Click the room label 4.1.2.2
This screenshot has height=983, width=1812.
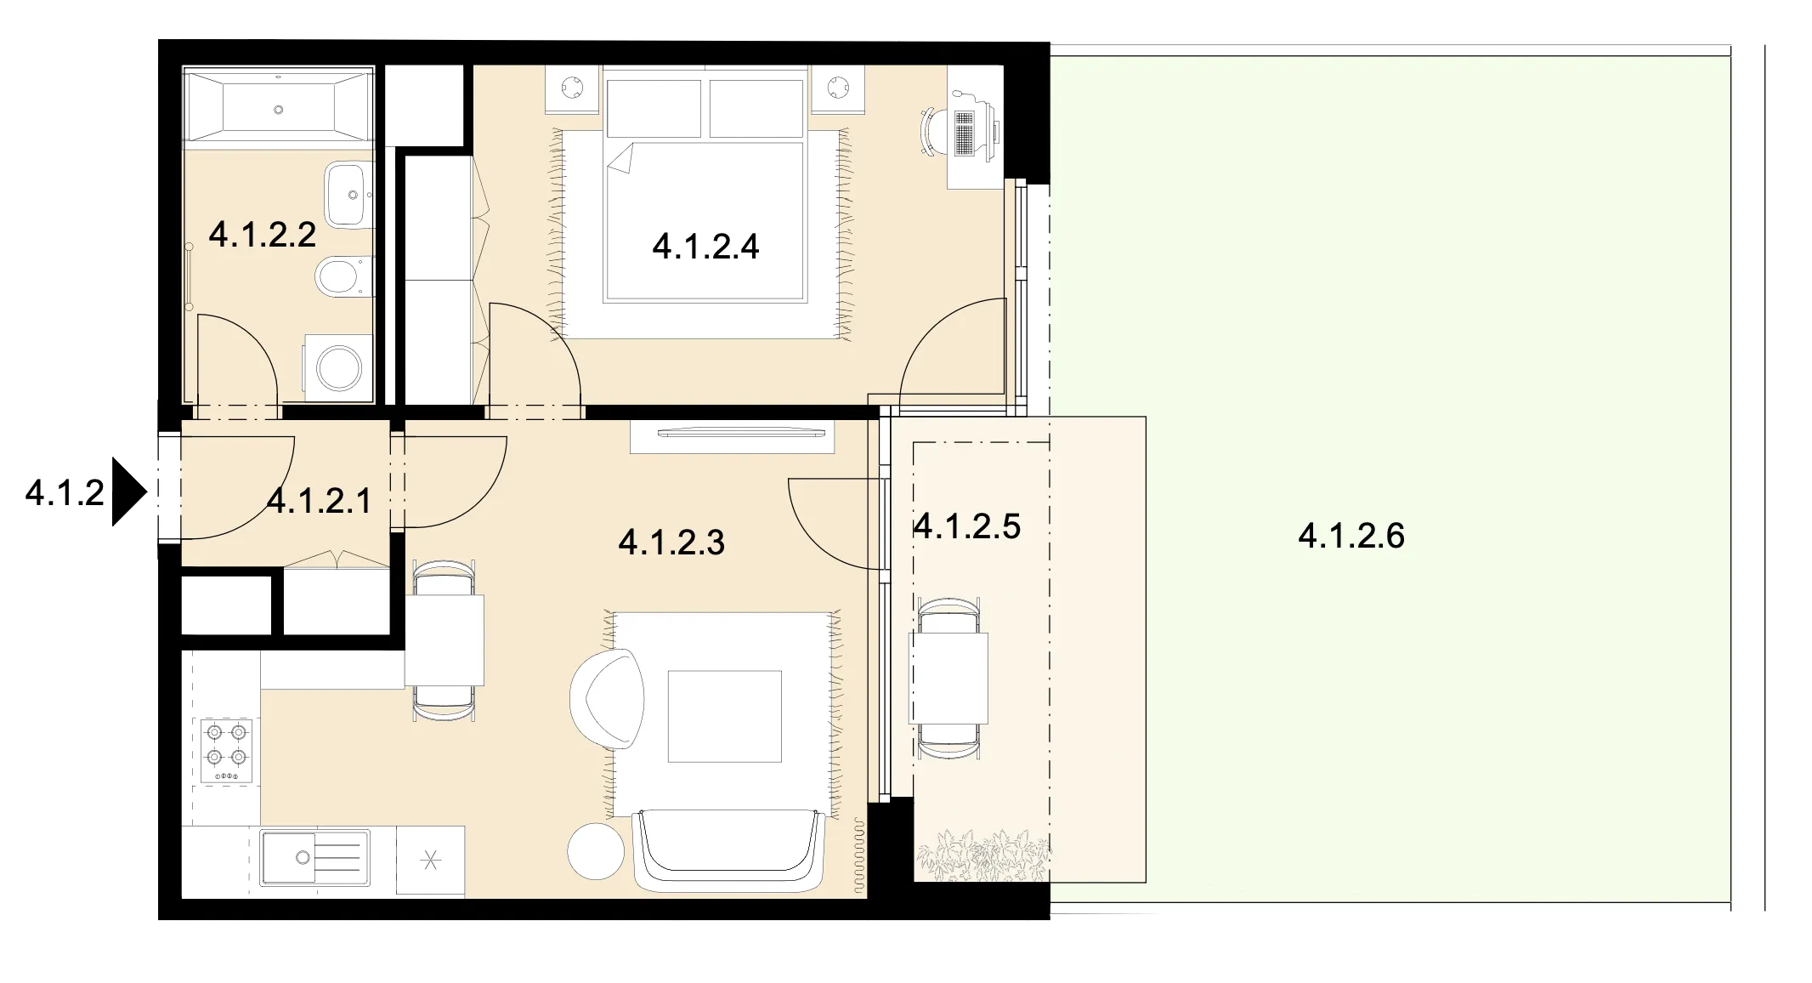[x=263, y=235]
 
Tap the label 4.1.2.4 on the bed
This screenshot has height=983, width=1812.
[x=705, y=247]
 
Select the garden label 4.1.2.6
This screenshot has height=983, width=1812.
[x=1351, y=536]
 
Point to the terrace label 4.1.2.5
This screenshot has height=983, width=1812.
[x=966, y=526]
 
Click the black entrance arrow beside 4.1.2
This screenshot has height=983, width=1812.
[x=130, y=492]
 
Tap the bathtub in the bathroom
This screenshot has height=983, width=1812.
[x=279, y=108]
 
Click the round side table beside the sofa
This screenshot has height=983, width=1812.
[x=596, y=851]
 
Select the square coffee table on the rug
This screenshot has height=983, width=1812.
[x=724, y=716]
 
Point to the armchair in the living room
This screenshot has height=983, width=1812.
[x=607, y=699]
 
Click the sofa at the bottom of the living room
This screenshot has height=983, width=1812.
[x=730, y=851]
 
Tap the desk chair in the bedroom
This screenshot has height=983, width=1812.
[x=933, y=132]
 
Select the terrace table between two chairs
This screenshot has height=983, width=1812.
[x=948, y=678]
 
